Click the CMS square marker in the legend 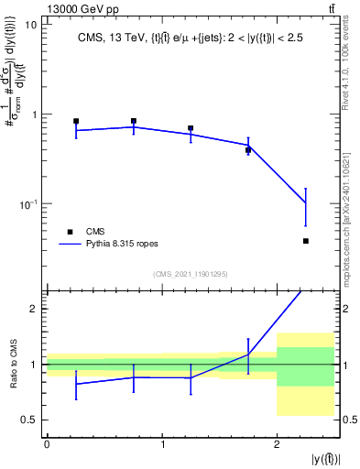pyautogui.click(x=70, y=232)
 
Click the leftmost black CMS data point pyautogui.click(x=76, y=121)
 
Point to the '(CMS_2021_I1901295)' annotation pyautogui.click(x=191, y=274)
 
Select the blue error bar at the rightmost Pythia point pyautogui.click(x=305, y=205)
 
